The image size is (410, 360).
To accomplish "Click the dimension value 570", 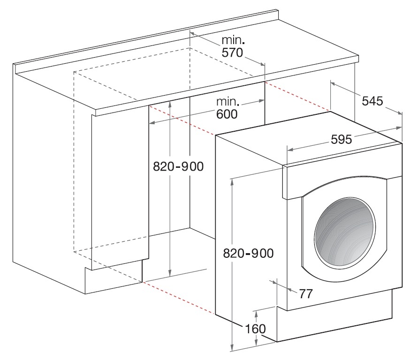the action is pyautogui.click(x=232, y=53).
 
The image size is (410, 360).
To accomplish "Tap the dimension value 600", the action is pyautogui.click(x=227, y=114).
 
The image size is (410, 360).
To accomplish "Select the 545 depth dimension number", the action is pyautogui.click(x=372, y=101).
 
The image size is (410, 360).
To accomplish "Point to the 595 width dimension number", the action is pyautogui.click(x=342, y=140).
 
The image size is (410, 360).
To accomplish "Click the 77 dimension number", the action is pyautogui.click(x=306, y=294).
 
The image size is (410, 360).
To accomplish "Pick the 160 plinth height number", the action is pyautogui.click(x=255, y=329).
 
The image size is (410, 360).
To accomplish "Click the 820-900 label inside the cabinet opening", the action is pyautogui.click(x=178, y=166).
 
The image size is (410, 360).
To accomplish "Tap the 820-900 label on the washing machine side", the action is pyautogui.click(x=249, y=253).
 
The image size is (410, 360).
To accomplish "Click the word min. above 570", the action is pyautogui.click(x=233, y=40).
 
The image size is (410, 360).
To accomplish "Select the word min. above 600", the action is pyautogui.click(x=228, y=101).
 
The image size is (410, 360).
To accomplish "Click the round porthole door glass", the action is pyautogui.click(x=345, y=232).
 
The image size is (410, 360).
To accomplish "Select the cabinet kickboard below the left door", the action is pyautogui.click(x=114, y=277).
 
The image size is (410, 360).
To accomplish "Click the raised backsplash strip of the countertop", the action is pyautogui.click(x=146, y=42).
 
